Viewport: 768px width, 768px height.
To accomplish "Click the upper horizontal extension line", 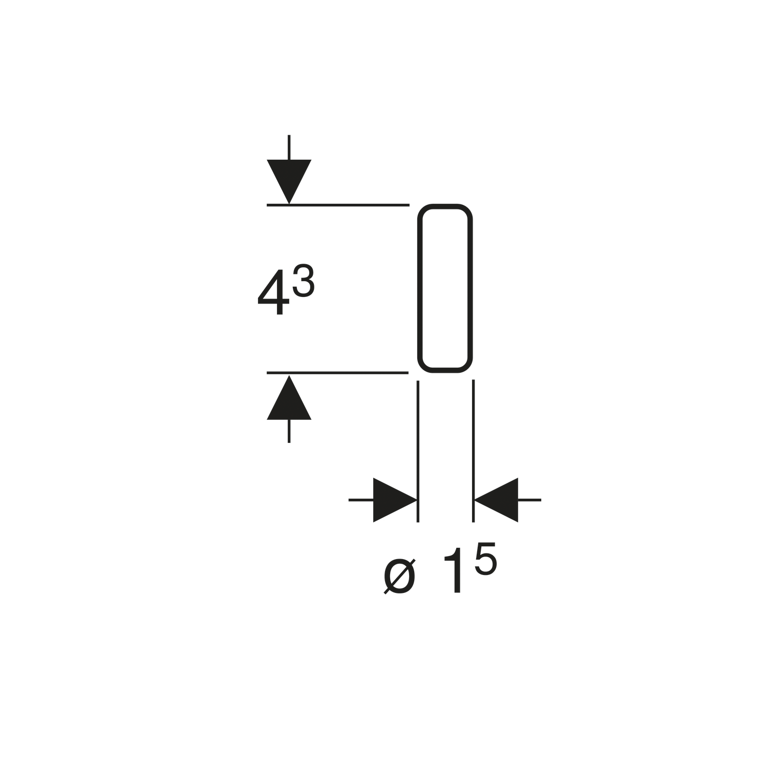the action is coord(338,205).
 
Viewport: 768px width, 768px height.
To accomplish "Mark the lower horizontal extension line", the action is coord(337,373).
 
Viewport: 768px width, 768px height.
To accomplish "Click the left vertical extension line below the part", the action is coord(418,451).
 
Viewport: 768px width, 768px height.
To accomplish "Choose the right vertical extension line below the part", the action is coord(474,451).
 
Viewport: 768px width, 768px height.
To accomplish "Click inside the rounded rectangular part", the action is coord(445,288).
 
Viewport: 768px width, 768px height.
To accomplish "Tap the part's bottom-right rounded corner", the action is coord(467,367).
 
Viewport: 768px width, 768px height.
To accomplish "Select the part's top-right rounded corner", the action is coord(467,209).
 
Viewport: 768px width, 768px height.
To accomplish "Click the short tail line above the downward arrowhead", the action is coord(289,147).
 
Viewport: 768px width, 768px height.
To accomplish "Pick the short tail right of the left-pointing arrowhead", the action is coord(529,500).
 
